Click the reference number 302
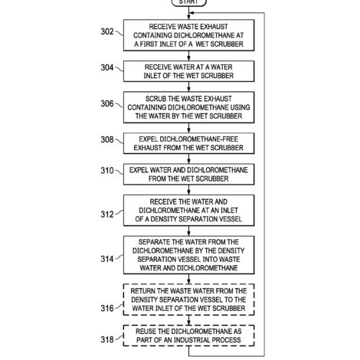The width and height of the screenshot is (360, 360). tap(107, 31)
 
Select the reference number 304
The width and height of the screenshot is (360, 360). tap(107, 67)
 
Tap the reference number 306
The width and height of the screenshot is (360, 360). tap(107, 103)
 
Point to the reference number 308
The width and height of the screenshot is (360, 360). tap(107, 139)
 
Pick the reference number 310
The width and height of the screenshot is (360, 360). tap(107, 171)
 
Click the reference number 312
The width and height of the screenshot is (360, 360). tap(107, 214)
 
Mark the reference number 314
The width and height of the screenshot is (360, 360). tap(107, 259)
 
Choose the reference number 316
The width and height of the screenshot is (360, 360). tap(107, 308)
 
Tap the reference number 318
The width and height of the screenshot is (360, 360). tap(107, 339)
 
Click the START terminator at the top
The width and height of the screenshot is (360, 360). tap(188, 2)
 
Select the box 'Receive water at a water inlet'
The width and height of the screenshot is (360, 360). tap(188, 71)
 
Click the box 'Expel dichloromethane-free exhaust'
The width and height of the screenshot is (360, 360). tap(188, 143)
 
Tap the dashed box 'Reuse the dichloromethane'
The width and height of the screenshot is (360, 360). tap(188, 335)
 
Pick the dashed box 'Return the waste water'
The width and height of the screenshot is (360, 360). tap(188, 299)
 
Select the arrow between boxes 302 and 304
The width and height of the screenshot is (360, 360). tap(188, 56)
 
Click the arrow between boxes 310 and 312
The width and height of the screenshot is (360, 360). tap(188, 190)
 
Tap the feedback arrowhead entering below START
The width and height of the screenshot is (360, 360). tap(191, 13)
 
